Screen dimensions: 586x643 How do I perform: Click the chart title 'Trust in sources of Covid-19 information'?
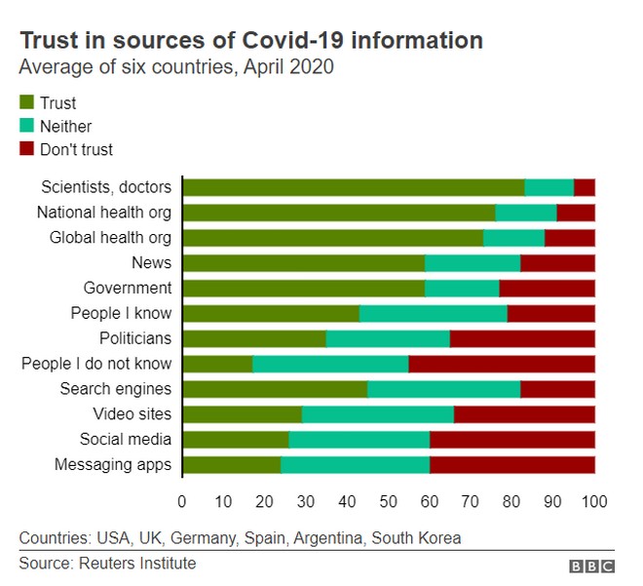[x=251, y=41]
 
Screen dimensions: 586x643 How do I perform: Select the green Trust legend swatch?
[x=26, y=102]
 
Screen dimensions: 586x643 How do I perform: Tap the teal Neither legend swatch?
[x=26, y=126]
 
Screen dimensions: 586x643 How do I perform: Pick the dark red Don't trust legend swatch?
[x=26, y=149]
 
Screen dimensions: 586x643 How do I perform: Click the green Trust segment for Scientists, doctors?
[x=353, y=188]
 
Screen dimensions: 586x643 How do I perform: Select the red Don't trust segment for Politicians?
[x=522, y=338]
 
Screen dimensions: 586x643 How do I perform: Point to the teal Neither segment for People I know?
[x=433, y=313]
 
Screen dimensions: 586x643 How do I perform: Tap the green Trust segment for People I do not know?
[x=217, y=364]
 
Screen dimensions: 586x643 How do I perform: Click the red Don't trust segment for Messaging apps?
[x=511, y=464]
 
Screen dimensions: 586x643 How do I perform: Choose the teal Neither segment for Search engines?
[x=443, y=389]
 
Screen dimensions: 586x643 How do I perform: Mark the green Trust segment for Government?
[x=303, y=288]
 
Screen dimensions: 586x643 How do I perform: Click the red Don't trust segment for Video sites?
[x=524, y=414]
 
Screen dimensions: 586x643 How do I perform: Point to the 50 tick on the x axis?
[x=389, y=501]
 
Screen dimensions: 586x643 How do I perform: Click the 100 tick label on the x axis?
[x=594, y=501]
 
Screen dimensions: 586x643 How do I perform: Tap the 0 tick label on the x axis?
[x=182, y=501]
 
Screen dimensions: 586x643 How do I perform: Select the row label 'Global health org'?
[x=110, y=237]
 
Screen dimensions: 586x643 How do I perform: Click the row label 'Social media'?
[x=126, y=439]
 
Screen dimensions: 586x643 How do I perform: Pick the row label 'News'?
[x=151, y=262]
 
